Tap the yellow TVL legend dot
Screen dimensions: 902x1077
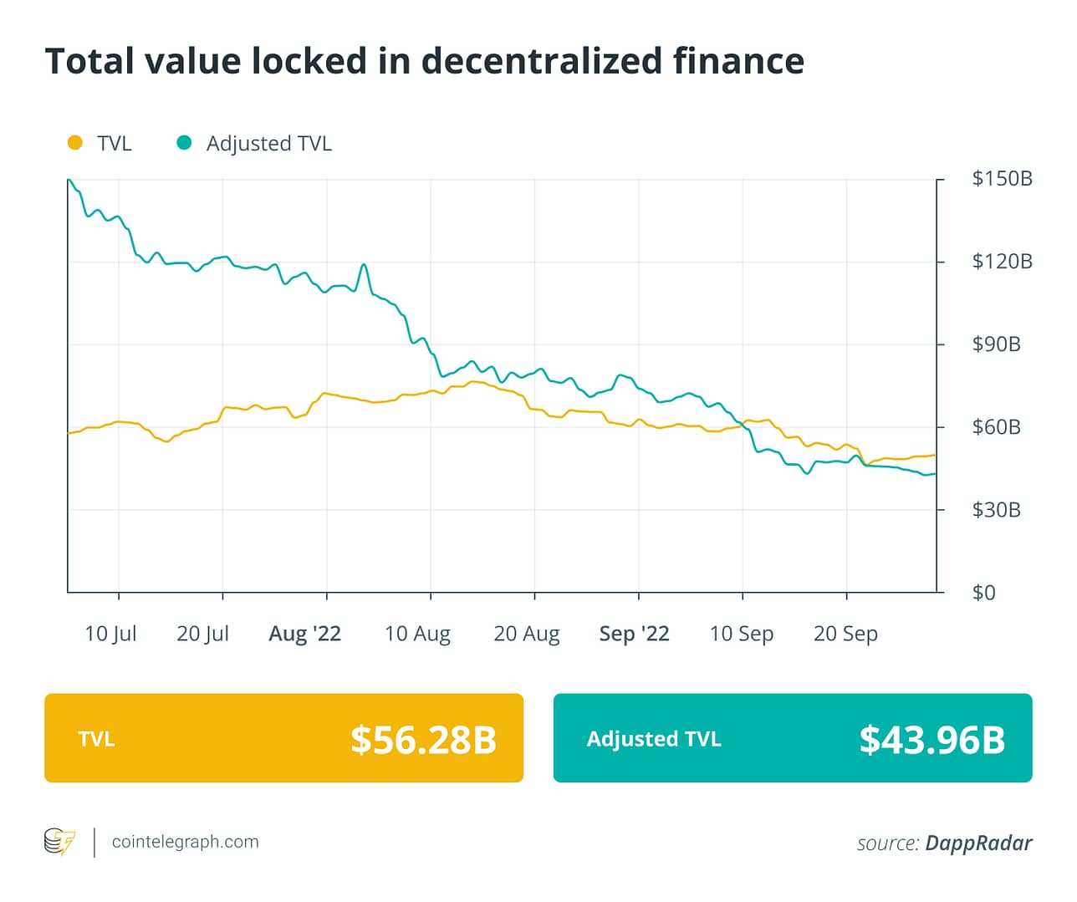pyautogui.click(x=75, y=143)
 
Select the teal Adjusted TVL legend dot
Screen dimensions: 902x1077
pyautogui.click(x=184, y=143)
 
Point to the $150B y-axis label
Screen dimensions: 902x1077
pyautogui.click(x=1002, y=178)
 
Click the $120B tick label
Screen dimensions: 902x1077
pyautogui.click(x=1002, y=262)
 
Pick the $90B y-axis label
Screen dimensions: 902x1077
pyautogui.click(x=996, y=344)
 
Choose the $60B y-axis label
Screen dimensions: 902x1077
pyautogui.click(x=996, y=427)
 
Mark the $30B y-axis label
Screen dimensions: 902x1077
pyautogui.click(x=996, y=510)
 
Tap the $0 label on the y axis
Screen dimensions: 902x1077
pyautogui.click(x=983, y=593)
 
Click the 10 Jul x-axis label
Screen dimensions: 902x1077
pyautogui.click(x=110, y=634)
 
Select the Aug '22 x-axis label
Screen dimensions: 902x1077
pyautogui.click(x=304, y=634)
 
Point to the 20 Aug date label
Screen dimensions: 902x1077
pyautogui.click(x=527, y=634)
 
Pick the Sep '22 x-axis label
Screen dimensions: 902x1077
pyautogui.click(x=634, y=634)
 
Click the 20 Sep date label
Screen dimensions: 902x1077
pyautogui.click(x=845, y=634)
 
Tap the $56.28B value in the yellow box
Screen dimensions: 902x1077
pyautogui.click(x=423, y=740)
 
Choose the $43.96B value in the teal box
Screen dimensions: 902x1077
pyautogui.click(x=932, y=740)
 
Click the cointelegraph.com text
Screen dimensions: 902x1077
pyautogui.click(x=185, y=842)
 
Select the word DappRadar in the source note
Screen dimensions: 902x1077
pyautogui.click(x=978, y=843)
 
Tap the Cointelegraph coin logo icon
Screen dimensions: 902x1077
pyautogui.click(x=59, y=841)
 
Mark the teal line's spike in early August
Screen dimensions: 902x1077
pyautogui.click(x=364, y=265)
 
